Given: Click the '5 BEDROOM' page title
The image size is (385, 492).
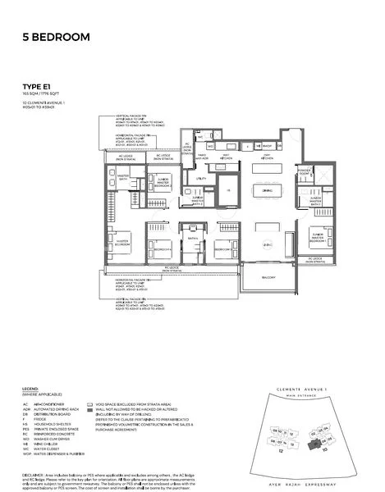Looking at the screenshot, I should click(57, 38).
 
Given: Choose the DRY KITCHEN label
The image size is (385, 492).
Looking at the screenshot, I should click(265, 157).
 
